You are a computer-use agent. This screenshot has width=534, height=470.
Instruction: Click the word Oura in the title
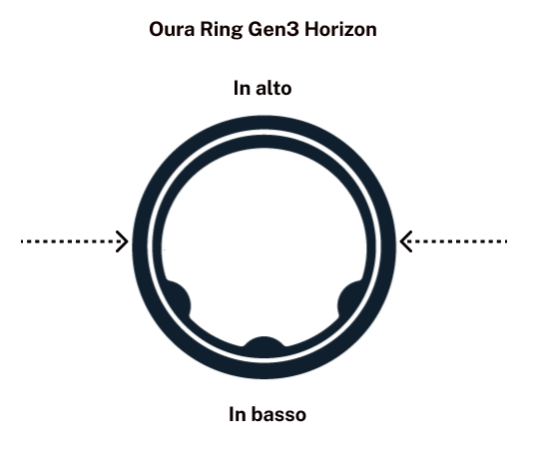(x=172, y=29)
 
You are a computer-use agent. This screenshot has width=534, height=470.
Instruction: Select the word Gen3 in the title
(x=273, y=29)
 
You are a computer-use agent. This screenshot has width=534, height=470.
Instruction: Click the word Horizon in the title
(x=340, y=29)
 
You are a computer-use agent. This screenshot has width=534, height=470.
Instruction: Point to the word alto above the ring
(x=273, y=88)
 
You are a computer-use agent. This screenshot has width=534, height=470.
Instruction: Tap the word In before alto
(x=242, y=88)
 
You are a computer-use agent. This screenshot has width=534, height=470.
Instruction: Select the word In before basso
(x=237, y=414)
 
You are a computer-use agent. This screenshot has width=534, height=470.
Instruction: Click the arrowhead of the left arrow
(x=123, y=241)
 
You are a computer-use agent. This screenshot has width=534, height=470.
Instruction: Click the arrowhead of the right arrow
(x=405, y=241)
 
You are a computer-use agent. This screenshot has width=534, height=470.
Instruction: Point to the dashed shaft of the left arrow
(x=72, y=241)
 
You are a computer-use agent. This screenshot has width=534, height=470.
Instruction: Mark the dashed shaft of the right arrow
(x=456, y=241)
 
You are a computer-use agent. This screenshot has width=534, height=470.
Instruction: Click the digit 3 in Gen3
(x=293, y=29)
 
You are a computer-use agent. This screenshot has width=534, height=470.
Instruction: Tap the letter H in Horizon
(x=311, y=29)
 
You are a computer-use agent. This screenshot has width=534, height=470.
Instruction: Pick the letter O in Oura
(x=157, y=29)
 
